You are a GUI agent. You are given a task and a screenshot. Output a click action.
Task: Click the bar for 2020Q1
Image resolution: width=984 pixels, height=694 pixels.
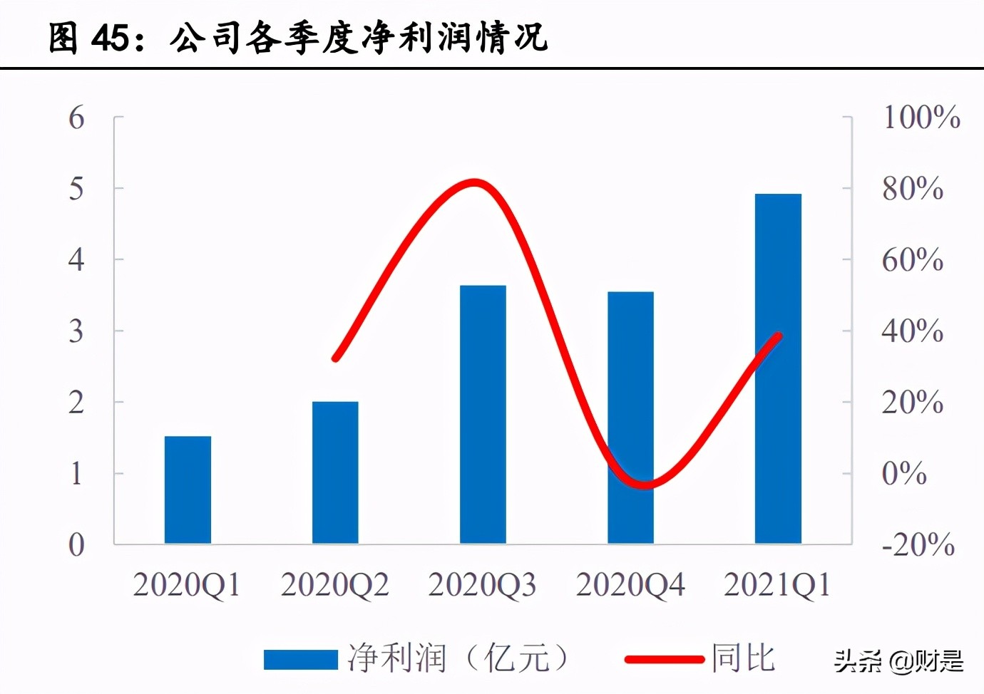(188, 490)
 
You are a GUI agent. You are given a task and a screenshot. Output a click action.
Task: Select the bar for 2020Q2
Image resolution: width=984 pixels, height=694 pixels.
(335, 472)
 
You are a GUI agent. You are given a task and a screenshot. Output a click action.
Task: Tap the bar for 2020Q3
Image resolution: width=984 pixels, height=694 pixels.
(483, 414)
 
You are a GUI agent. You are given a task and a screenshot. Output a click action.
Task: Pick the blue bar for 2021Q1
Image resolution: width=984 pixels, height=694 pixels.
(778, 368)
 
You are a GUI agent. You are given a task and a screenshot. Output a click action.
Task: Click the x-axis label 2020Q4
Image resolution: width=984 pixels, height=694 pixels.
(630, 585)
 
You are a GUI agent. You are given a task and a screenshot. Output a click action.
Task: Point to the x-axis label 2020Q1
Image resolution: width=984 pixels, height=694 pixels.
(187, 585)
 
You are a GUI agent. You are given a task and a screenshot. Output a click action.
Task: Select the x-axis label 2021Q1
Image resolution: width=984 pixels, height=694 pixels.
(777, 585)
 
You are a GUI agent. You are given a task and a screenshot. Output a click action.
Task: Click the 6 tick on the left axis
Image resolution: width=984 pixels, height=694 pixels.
(76, 118)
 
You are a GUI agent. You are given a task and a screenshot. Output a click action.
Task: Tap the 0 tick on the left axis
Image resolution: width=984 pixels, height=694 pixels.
(76, 545)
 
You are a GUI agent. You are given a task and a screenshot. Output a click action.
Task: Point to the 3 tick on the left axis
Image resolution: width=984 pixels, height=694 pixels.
(76, 331)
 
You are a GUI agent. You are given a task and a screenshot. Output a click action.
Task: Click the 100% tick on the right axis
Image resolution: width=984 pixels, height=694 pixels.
(921, 118)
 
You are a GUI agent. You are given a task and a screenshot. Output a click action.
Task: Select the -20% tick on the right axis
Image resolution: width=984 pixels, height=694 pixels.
(918, 545)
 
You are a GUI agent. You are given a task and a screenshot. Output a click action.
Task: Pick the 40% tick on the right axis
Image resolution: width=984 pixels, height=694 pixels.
(912, 331)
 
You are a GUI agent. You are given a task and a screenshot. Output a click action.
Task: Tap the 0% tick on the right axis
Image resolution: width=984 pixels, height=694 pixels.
(904, 474)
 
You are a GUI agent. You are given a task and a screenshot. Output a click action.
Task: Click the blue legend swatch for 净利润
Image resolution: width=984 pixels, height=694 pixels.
(300, 659)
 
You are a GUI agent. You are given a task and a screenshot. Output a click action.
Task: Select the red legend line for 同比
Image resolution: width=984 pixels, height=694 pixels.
(664, 659)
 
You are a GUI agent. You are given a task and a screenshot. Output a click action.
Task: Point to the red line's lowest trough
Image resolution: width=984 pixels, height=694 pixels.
(645, 485)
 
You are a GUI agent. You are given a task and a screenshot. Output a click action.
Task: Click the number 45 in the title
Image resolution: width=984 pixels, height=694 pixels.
(111, 37)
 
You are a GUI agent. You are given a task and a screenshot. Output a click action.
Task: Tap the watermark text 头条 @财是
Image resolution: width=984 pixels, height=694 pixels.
(898, 661)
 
